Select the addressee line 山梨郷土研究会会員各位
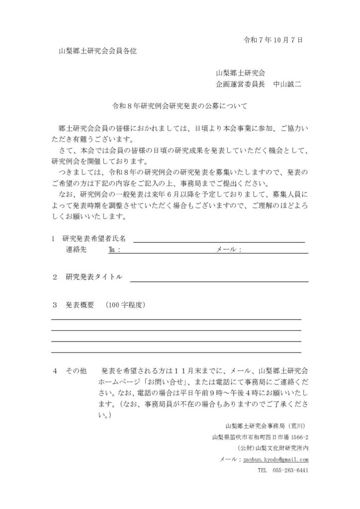98,51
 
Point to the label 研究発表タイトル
94,277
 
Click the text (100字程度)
126,304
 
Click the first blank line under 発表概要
176,319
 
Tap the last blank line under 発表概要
176,352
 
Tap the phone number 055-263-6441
290,470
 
